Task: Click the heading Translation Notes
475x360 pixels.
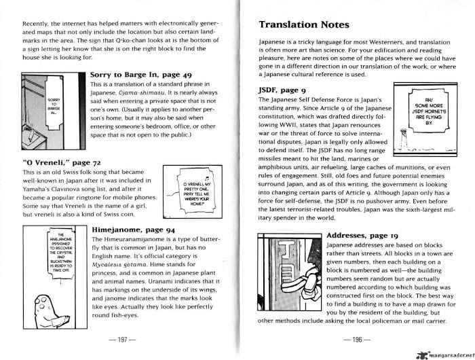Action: tap(305, 25)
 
